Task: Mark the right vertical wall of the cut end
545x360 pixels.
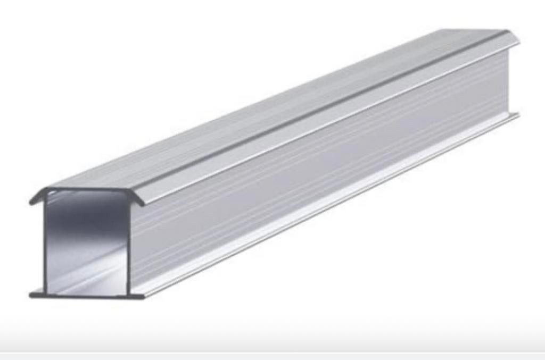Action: pos(129,245)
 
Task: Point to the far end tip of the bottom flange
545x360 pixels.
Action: pos(518,114)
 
